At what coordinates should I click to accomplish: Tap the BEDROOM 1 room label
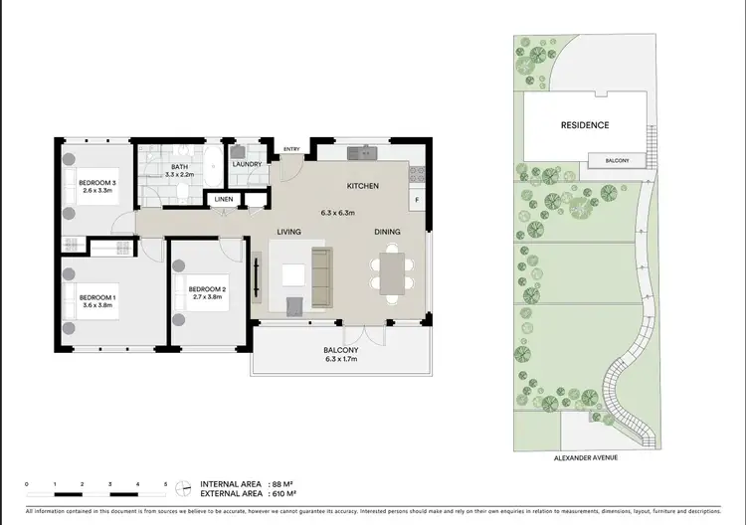click(x=97, y=297)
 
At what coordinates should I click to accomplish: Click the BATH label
click(x=179, y=167)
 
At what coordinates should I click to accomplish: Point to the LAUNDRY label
click(x=246, y=164)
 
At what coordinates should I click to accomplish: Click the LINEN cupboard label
click(x=223, y=200)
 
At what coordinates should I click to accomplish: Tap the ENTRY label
click(x=291, y=149)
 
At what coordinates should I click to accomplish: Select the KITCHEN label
click(x=360, y=187)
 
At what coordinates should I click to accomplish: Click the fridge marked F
click(x=416, y=199)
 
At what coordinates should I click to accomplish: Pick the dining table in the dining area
click(x=393, y=273)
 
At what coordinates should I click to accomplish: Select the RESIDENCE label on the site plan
click(x=585, y=125)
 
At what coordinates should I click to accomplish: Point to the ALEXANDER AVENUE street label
click(x=585, y=458)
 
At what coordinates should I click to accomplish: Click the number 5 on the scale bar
click(x=166, y=483)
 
